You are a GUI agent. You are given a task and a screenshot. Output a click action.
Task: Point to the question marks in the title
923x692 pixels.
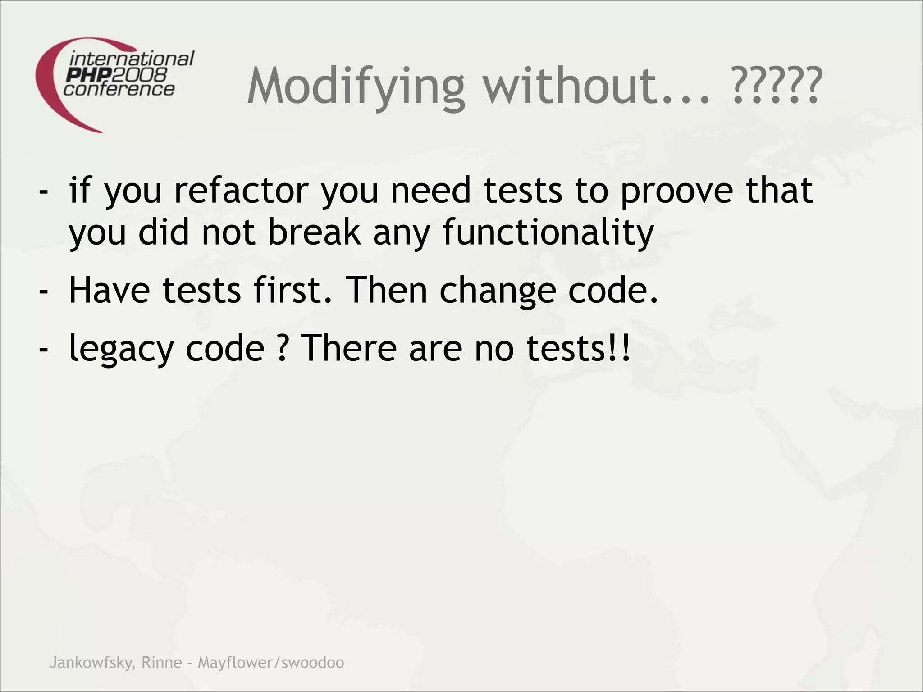[775, 86]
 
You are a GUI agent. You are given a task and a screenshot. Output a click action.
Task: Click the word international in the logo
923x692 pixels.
[132, 59]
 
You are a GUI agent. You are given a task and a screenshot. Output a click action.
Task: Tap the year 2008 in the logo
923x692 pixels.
[144, 74]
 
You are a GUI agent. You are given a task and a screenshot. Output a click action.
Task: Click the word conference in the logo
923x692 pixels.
[119, 89]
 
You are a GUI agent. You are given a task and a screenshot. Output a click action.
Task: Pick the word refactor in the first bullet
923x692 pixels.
[242, 190]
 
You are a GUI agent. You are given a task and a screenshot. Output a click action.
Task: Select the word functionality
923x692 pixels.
[548, 232]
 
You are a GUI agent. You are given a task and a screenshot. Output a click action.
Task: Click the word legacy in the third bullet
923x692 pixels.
[121, 349]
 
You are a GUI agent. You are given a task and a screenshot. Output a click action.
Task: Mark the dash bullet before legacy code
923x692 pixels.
[44, 350]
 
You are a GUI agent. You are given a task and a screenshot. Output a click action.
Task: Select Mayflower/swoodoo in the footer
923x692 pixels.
[271, 662]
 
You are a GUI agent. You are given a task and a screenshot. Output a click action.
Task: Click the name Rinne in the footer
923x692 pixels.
[161, 662]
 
